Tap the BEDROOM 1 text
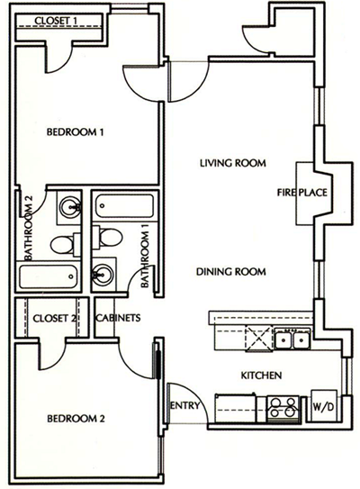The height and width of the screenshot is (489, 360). tap(76, 132)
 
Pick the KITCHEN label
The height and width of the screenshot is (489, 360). tap(263, 375)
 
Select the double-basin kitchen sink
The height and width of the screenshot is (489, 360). tap(292, 340)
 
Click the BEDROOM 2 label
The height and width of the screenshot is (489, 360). tap(76, 419)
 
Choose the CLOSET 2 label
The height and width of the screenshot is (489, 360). tap(53, 318)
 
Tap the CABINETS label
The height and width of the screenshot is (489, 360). tap(116, 318)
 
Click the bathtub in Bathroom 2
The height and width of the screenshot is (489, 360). tap(52, 276)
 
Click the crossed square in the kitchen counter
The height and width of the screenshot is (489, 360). tap(258, 340)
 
